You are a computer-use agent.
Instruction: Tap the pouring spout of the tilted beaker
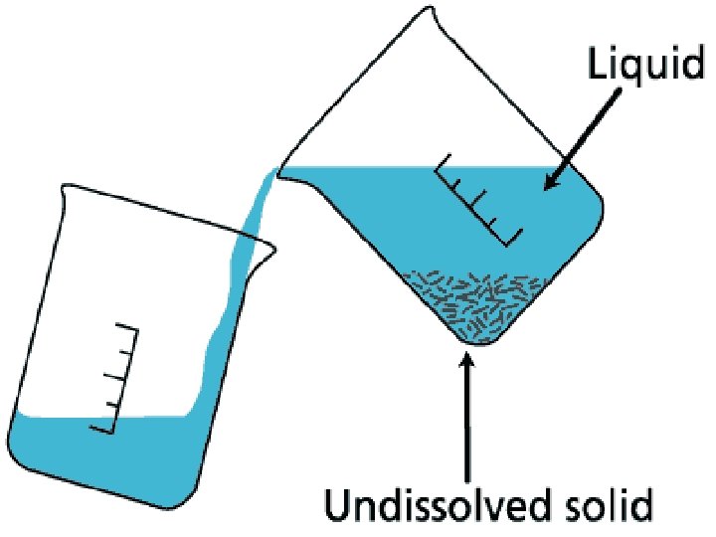(x=280, y=174)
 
